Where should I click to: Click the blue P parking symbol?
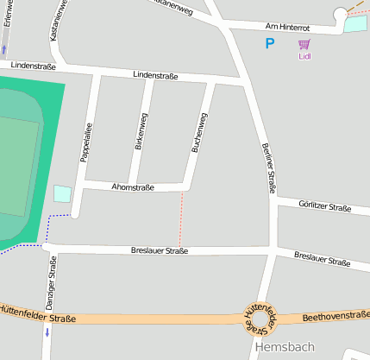pyautogui.click(x=270, y=43)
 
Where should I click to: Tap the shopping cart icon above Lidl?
pyautogui.click(x=304, y=45)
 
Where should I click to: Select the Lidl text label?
pyautogui.click(x=304, y=57)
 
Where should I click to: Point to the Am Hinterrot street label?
pyautogui.click(x=287, y=28)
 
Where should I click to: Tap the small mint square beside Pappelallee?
pyautogui.click(x=62, y=193)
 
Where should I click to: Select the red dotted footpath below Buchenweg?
pyautogui.click(x=181, y=219)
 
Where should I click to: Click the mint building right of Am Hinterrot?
pyautogui.click(x=355, y=24)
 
